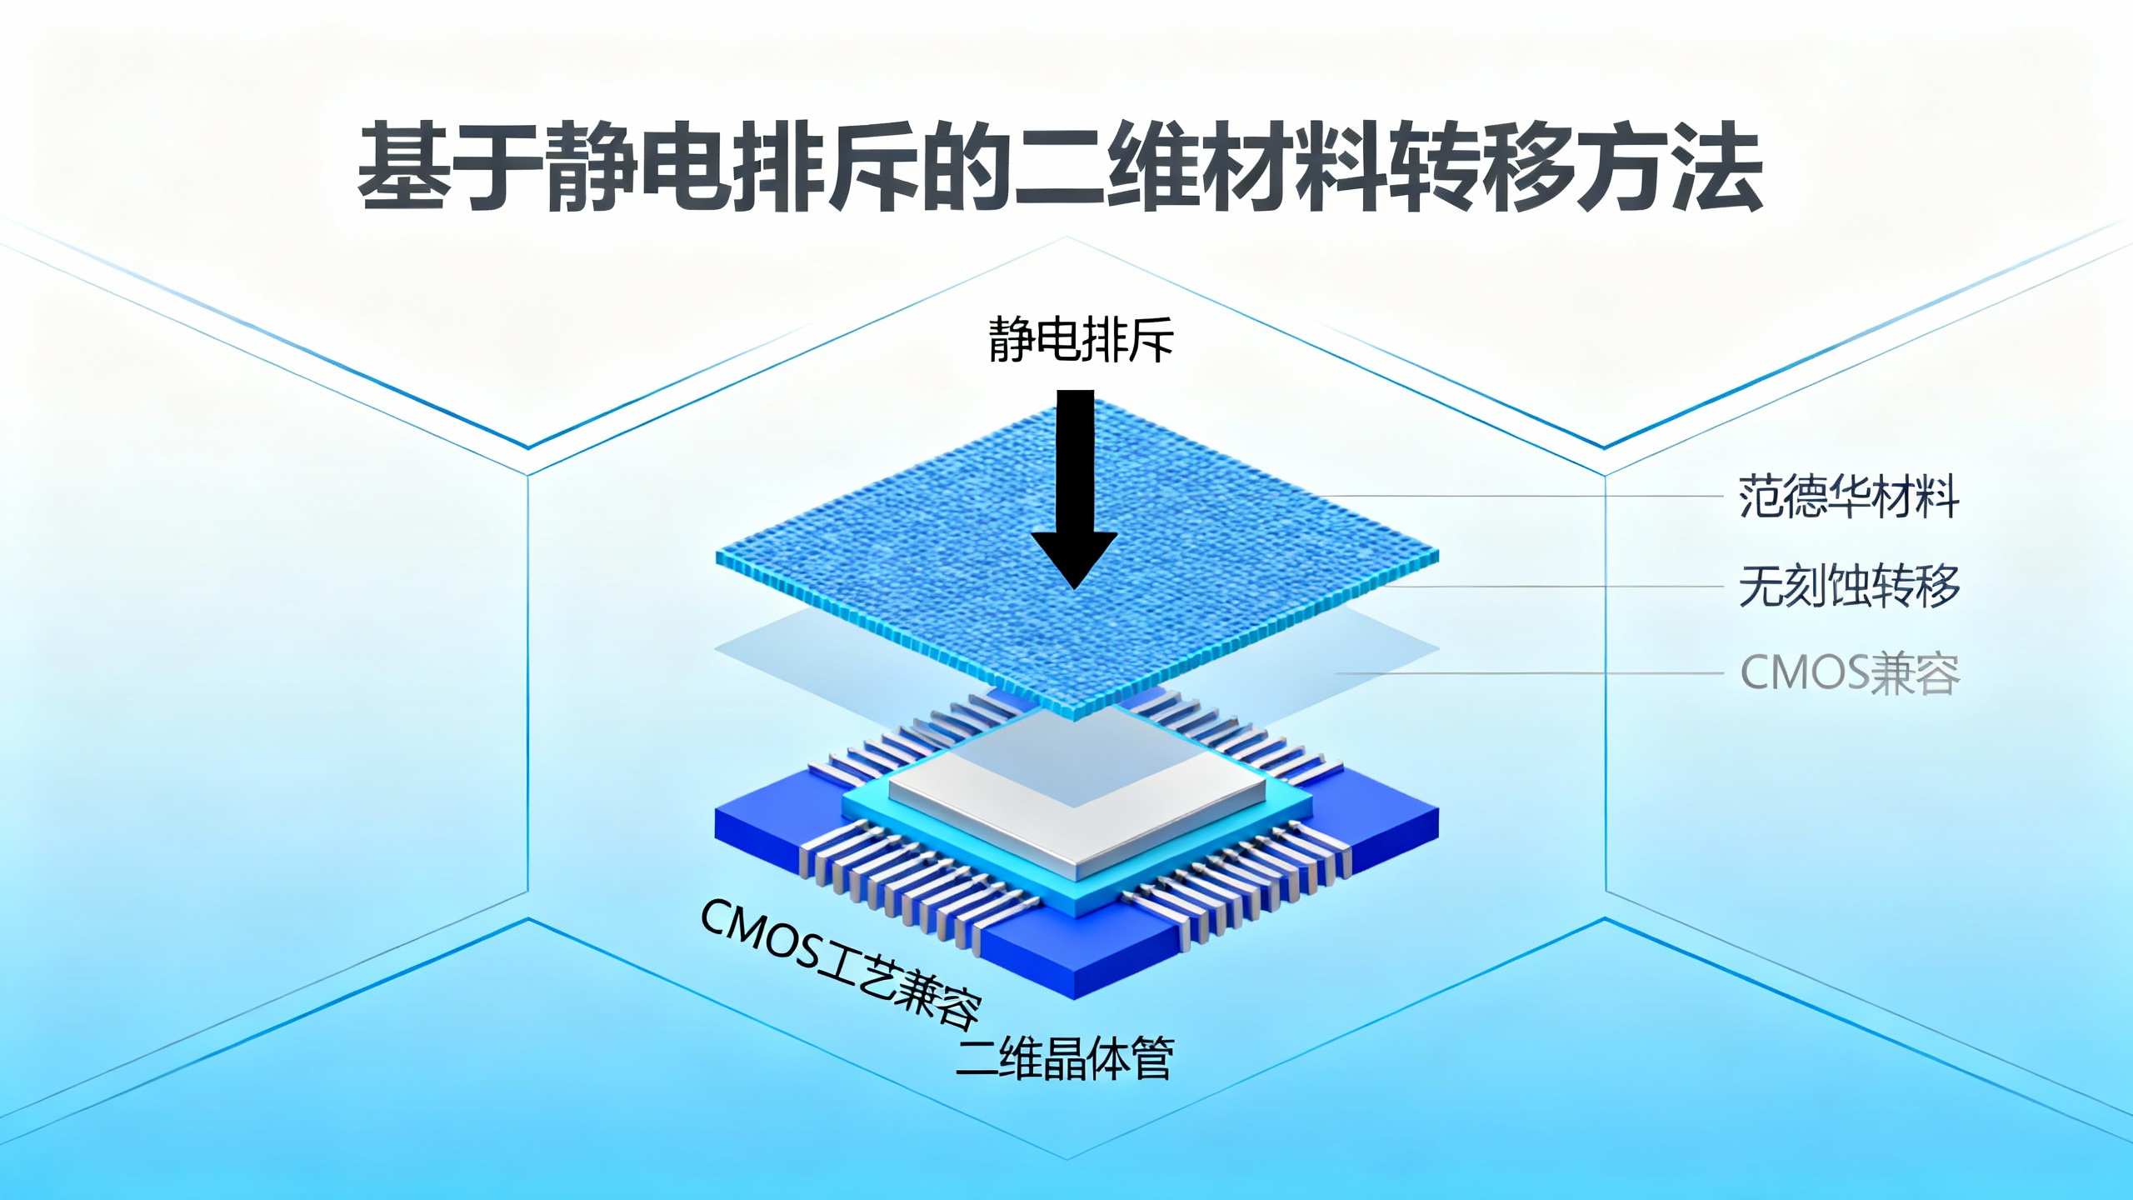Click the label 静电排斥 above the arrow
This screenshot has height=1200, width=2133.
pos(1081,340)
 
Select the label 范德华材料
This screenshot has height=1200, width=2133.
pos(1849,497)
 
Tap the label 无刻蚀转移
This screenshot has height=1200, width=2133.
pos(1849,586)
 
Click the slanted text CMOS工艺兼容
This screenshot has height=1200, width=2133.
pos(840,962)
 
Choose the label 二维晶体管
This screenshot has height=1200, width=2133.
pos(1064,1058)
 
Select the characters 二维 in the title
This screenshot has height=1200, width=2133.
pos(1106,167)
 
